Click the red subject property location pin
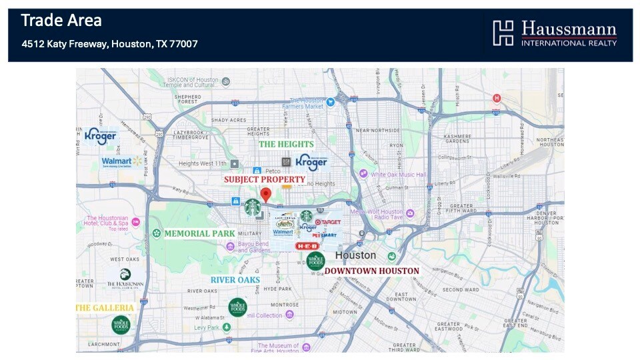pyautogui.click(x=265, y=195)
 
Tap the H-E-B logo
pyautogui.click(x=307, y=246)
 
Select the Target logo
pyautogui.click(x=327, y=222)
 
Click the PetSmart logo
pyautogui.click(x=324, y=235)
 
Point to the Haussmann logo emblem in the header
pyautogui.click(x=503, y=33)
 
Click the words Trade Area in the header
pyautogui.click(x=61, y=21)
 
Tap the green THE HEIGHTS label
pyautogui.click(x=285, y=144)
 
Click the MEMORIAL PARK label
pyautogui.click(x=199, y=233)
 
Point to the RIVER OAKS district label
pyautogui.click(x=235, y=280)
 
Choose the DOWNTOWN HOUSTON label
pyautogui.click(x=372, y=271)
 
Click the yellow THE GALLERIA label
pyautogui.click(x=105, y=308)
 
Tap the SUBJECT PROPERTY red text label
pyautogui.click(x=264, y=179)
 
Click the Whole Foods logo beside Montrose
pyautogui.click(x=237, y=307)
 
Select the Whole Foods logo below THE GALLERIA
pyautogui.click(x=121, y=325)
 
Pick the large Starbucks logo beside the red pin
pyautogui.click(x=252, y=207)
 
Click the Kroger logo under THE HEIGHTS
pyautogui.click(x=311, y=161)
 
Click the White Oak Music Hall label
pyautogui.click(x=399, y=175)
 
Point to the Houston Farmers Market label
pyautogui.click(x=306, y=103)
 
